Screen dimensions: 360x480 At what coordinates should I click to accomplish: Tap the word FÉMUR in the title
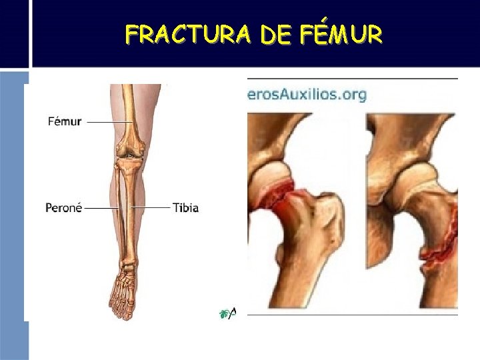[x=345, y=34]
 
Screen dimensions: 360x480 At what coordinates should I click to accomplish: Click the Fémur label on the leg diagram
[x=65, y=122]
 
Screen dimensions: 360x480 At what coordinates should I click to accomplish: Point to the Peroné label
[x=63, y=207]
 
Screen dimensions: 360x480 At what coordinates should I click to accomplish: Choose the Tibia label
[x=185, y=207]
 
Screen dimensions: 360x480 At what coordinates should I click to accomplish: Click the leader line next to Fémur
[x=102, y=122]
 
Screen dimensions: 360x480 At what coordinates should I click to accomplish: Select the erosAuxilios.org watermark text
[x=307, y=95]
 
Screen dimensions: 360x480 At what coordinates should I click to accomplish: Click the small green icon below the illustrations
[x=225, y=313]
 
